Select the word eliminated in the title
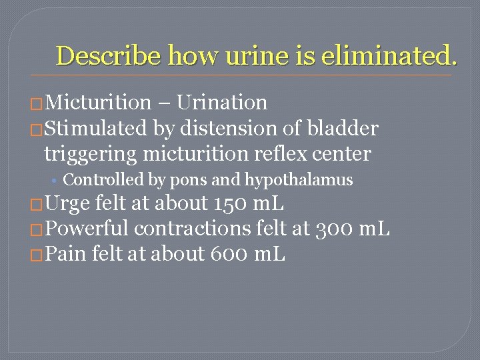pos(389,55)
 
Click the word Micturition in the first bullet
pos(99,103)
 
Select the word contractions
pos(194,229)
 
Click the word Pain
pos(67,253)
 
